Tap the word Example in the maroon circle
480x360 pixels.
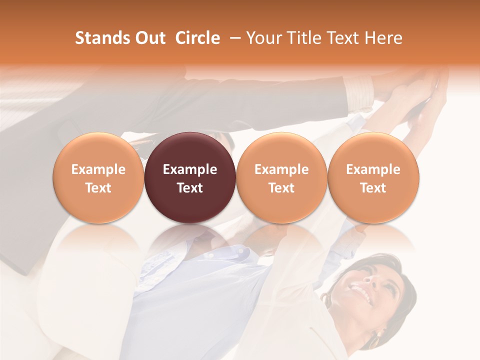(190, 169)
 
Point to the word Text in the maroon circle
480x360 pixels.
(190, 188)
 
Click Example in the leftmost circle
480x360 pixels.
(98, 169)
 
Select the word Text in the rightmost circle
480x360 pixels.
(373, 188)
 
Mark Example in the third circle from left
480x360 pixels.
(281, 169)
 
